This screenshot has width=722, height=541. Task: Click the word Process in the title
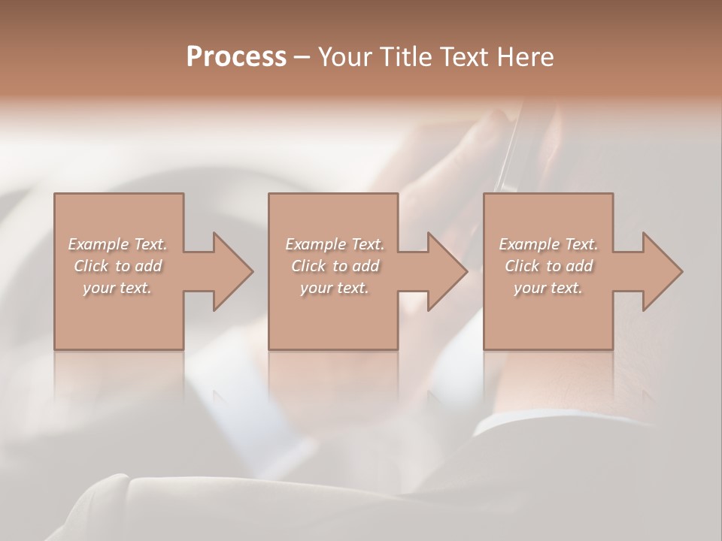click(236, 57)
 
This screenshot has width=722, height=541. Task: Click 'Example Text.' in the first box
click(117, 244)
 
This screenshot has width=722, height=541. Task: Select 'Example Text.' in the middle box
click(334, 244)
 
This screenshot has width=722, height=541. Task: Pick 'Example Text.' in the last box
click(548, 244)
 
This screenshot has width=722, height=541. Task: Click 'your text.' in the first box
click(117, 288)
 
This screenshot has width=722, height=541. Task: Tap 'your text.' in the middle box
click(334, 288)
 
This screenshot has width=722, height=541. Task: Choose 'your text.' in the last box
click(548, 288)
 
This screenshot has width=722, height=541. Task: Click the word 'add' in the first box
click(149, 266)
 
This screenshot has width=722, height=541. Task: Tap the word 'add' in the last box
click(580, 266)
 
